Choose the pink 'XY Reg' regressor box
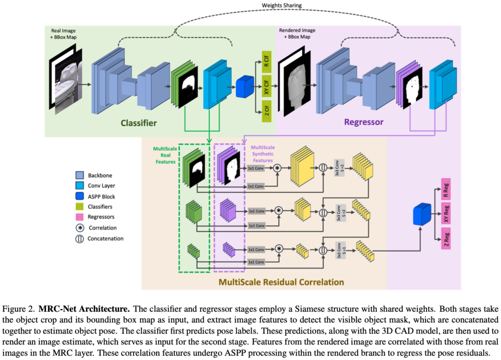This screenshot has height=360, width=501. coord(445,215)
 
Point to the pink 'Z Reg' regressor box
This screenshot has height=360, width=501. coord(445,238)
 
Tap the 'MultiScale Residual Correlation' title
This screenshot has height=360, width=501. coord(281,282)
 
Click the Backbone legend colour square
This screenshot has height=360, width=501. coord(79,175)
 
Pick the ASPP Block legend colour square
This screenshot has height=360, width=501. coord(79,196)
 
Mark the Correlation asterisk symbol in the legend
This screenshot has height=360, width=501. coord(79,228)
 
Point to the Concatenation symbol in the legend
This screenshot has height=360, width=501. coord(79,239)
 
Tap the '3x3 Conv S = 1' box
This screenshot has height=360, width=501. coord(338,249)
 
